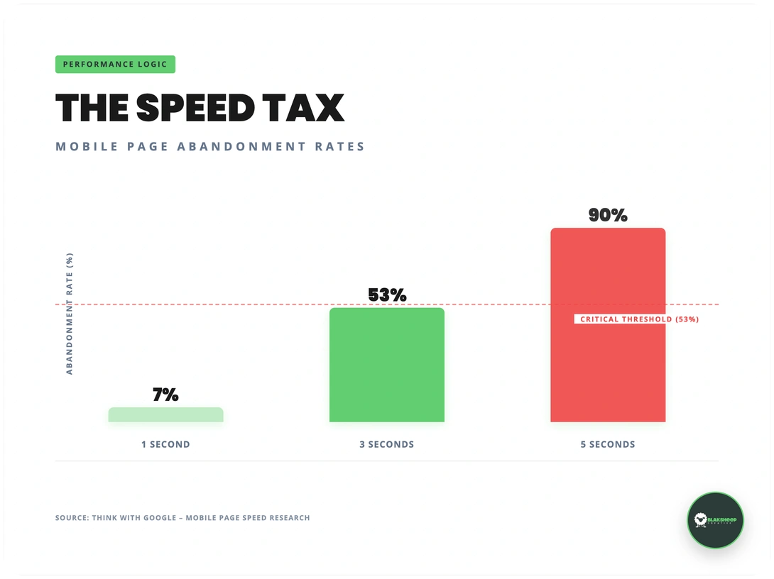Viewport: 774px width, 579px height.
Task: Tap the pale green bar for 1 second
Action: click(x=165, y=415)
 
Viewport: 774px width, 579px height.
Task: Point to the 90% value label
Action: click(x=608, y=216)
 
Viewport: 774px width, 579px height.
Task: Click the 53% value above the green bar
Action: click(x=387, y=295)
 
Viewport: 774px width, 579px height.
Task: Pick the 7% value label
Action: click(x=165, y=395)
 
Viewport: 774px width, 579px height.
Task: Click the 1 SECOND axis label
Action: click(x=165, y=444)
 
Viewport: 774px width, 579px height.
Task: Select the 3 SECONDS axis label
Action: click(x=386, y=444)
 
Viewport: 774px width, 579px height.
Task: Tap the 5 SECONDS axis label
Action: click(x=608, y=444)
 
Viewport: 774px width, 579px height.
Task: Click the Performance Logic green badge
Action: click(x=115, y=65)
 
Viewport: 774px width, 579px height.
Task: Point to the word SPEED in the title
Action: click(x=195, y=108)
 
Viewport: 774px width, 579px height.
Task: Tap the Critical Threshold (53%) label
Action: click(x=639, y=319)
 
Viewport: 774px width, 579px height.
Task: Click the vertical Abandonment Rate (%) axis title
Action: click(x=70, y=313)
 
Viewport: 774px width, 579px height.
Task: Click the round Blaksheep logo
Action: click(x=715, y=520)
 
